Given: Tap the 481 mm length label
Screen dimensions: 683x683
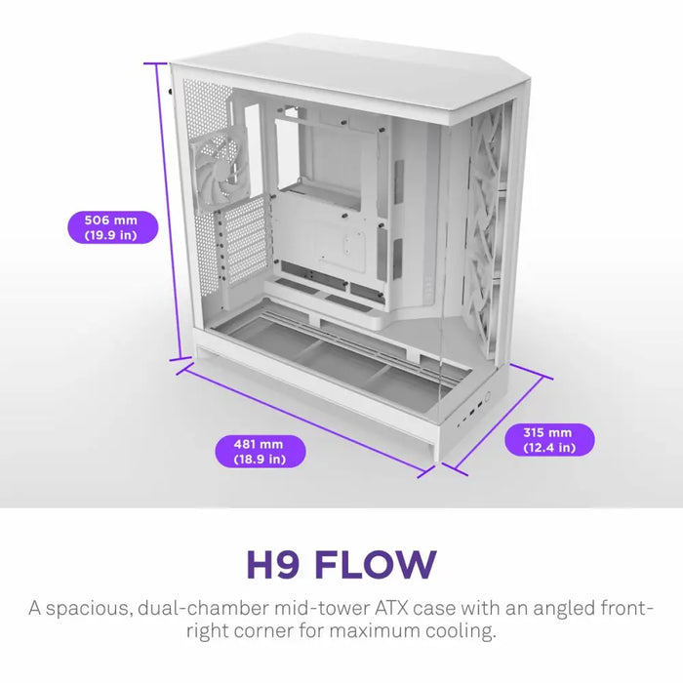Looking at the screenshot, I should [260, 451].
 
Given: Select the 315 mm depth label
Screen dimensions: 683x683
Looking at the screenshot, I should [549, 439].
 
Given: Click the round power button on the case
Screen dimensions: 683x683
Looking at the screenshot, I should [485, 399].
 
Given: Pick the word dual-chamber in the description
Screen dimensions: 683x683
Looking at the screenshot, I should [202, 609].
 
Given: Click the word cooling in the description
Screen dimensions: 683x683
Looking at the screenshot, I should [457, 631].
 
